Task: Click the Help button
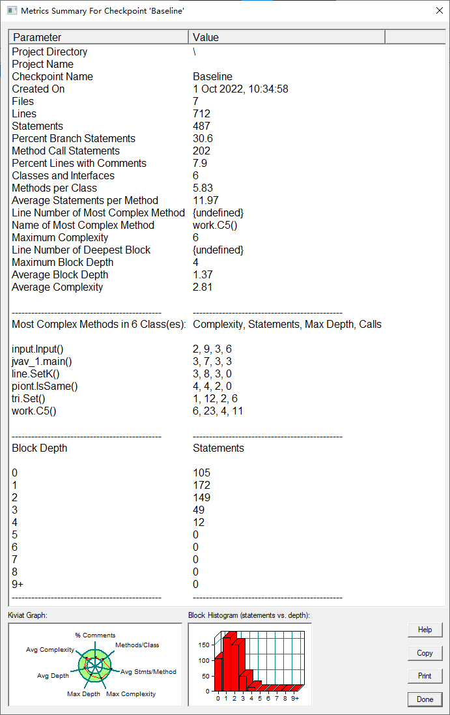[425, 630]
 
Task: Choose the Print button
[425, 676]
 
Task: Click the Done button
[425, 699]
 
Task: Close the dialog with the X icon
[438, 11]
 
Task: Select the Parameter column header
[98, 37]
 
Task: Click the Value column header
[287, 37]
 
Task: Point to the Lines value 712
[202, 114]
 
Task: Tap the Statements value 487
[202, 126]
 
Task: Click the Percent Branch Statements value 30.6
[203, 139]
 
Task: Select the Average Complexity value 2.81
[203, 287]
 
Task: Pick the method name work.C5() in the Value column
[215, 226]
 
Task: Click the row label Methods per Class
[54, 188]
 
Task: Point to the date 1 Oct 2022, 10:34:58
[240, 89]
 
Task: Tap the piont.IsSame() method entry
[44, 387]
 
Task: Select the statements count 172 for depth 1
[202, 486]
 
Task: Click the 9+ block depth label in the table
[17, 585]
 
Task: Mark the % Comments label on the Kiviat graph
[95, 635]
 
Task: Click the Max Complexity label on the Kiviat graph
[131, 694]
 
